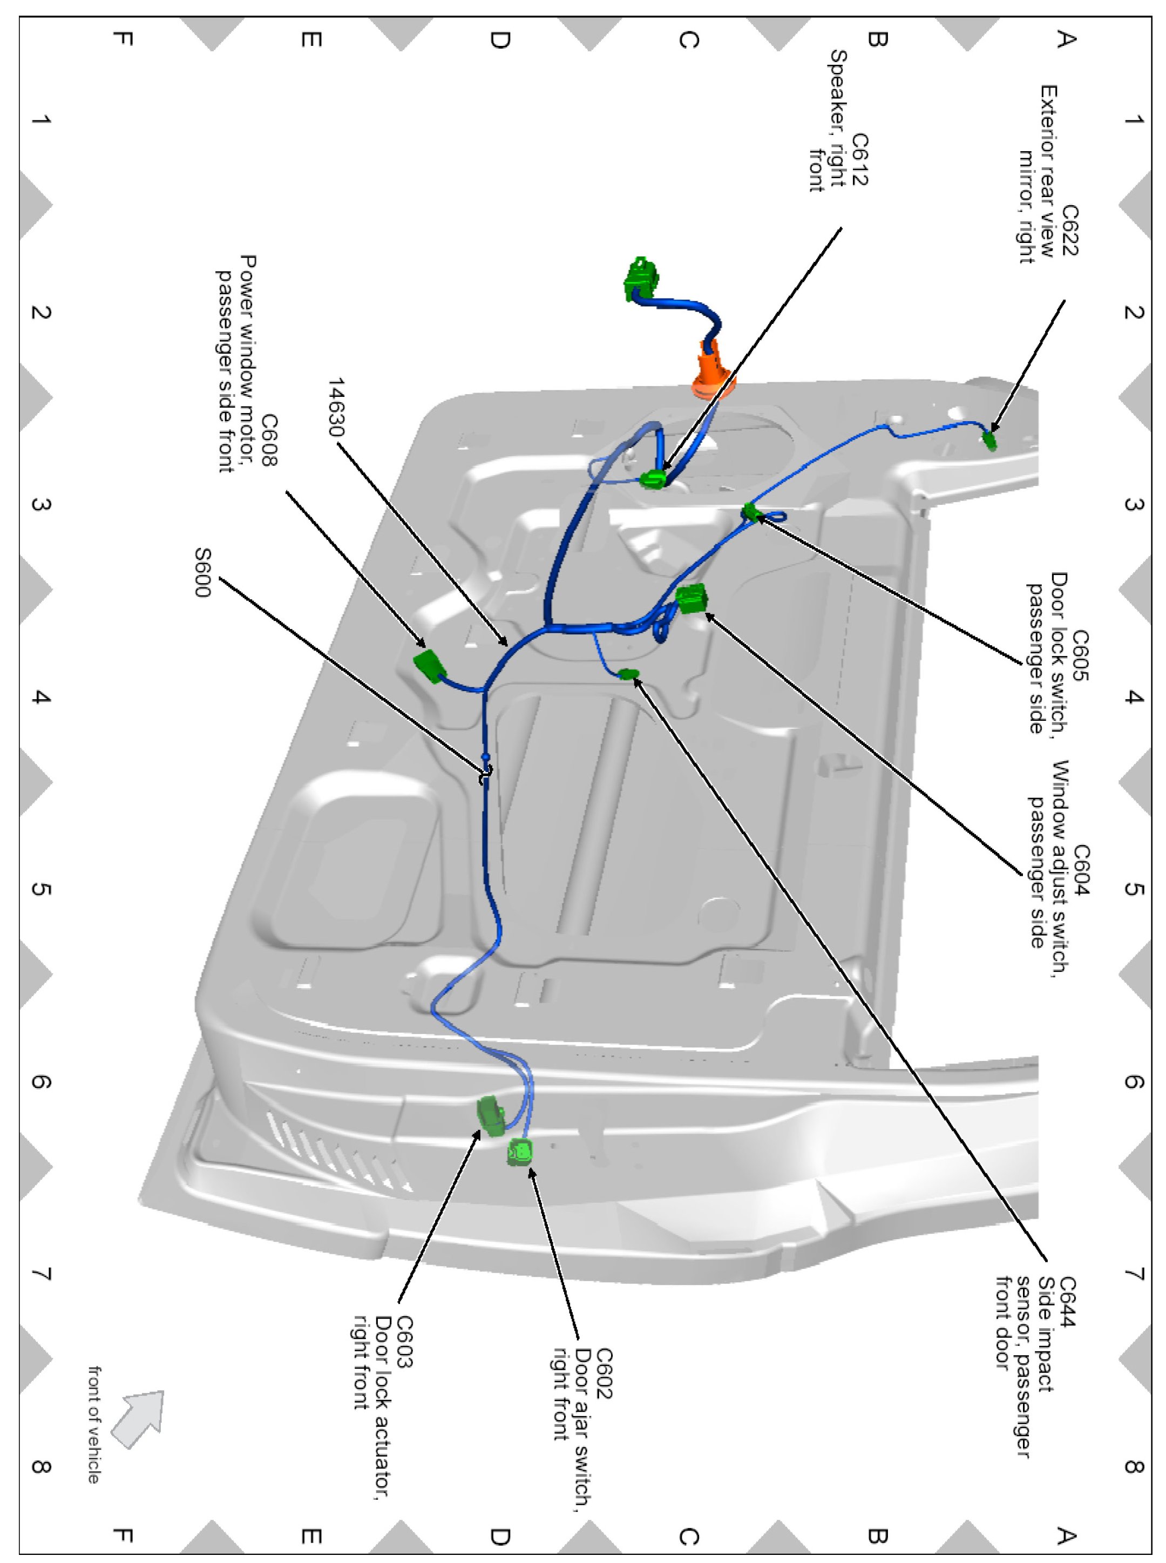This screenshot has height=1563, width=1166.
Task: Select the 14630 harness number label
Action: point(337,407)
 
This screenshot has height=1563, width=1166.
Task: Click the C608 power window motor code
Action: point(269,441)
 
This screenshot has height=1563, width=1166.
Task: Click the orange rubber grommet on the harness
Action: point(713,370)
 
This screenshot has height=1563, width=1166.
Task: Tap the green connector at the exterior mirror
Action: point(990,441)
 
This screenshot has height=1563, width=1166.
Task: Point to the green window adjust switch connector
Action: point(691,599)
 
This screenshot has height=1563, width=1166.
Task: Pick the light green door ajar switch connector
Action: point(520,1153)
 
